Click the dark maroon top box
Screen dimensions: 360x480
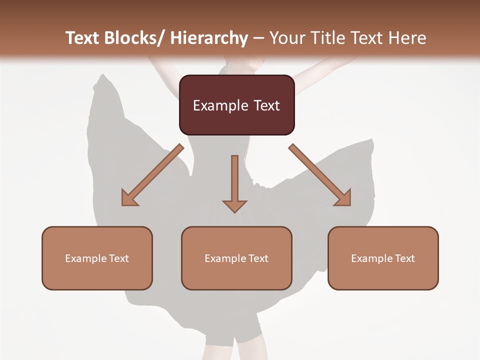(x=236, y=105)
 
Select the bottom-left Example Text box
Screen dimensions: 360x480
(x=97, y=258)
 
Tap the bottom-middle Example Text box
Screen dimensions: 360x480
(x=236, y=258)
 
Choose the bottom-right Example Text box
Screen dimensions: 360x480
(x=383, y=258)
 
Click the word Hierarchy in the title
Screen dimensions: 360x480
(x=209, y=38)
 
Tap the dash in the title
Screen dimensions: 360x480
(x=258, y=38)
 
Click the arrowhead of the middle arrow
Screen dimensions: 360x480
(x=234, y=205)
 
